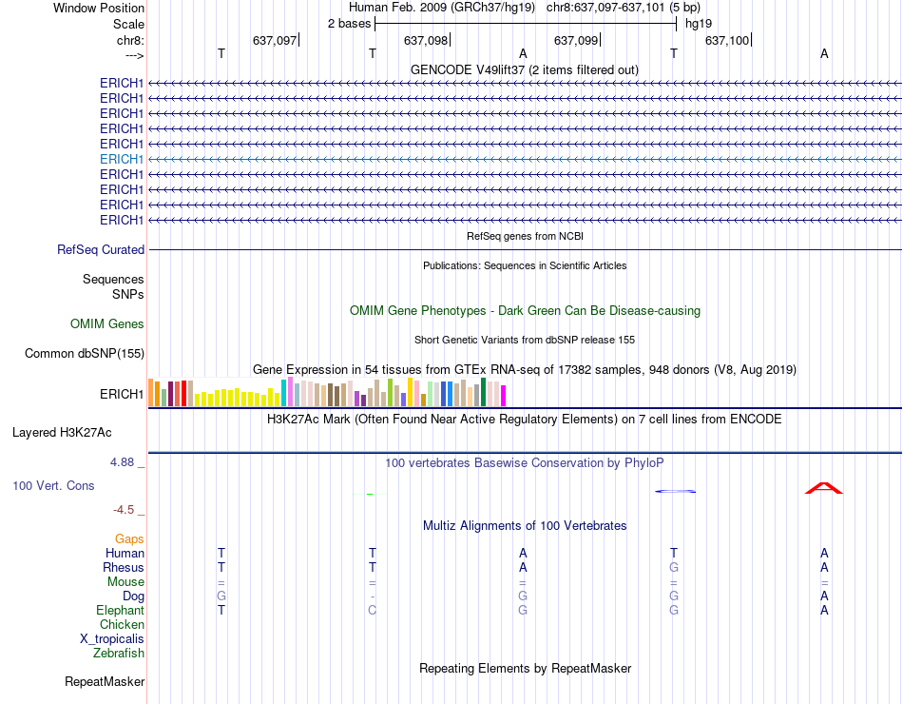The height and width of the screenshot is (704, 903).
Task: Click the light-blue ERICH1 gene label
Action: pyautogui.click(x=122, y=159)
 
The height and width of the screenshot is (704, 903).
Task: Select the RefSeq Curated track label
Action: pyautogui.click(x=101, y=249)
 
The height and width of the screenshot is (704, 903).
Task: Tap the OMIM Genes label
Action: pyautogui.click(x=107, y=324)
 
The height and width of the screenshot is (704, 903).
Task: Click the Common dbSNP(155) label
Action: pyautogui.click(x=85, y=354)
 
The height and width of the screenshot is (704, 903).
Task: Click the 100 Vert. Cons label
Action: pyautogui.click(x=53, y=485)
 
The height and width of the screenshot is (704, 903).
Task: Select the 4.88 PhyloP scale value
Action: pyautogui.click(x=123, y=462)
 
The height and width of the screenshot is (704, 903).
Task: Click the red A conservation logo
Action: pyautogui.click(x=824, y=488)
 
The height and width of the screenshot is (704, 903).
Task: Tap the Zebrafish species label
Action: pyautogui.click(x=119, y=654)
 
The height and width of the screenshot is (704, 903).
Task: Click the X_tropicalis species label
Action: pyautogui.click(x=112, y=639)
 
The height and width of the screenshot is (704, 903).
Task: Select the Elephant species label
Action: pyautogui.click(x=120, y=611)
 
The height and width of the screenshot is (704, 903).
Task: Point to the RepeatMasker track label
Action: pyautogui.click(x=105, y=681)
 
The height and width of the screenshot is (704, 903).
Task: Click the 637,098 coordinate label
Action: pyautogui.click(x=425, y=40)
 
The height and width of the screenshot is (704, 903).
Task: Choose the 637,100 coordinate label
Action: pyautogui.click(x=727, y=40)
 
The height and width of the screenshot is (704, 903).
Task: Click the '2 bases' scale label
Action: pyautogui.click(x=349, y=23)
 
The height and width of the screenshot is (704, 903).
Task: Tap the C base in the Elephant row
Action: pyautogui.click(x=373, y=611)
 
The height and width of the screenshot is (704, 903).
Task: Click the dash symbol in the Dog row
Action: pyautogui.click(x=373, y=596)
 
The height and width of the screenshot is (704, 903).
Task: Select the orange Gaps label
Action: pyautogui.click(x=129, y=539)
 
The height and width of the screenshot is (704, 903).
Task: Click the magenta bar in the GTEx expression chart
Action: pyautogui.click(x=504, y=395)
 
